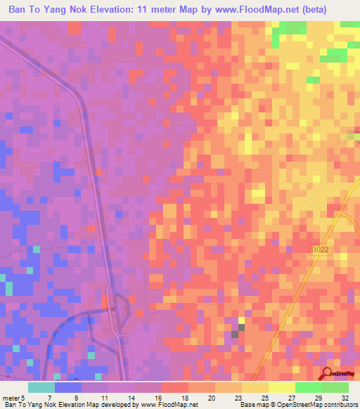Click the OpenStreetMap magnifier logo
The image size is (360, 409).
click(x=328, y=374)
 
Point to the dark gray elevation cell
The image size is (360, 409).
click(x=236, y=334)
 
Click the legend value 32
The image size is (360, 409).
click(x=345, y=398)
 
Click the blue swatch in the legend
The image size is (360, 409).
click(x=68, y=387)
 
